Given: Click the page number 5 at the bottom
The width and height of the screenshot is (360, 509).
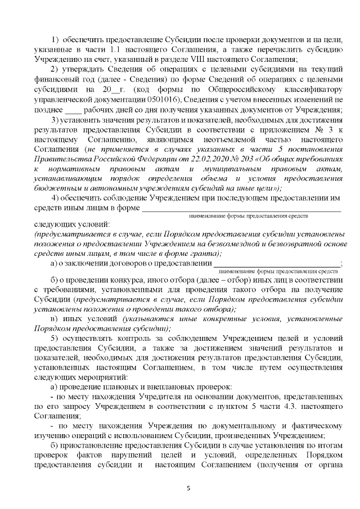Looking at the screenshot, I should point(188,488).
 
